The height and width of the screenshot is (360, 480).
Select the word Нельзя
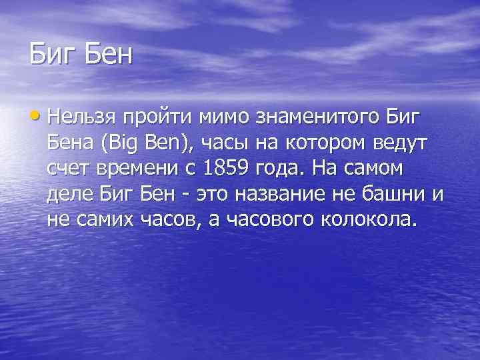(81, 119)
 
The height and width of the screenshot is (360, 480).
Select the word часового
(266, 219)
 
